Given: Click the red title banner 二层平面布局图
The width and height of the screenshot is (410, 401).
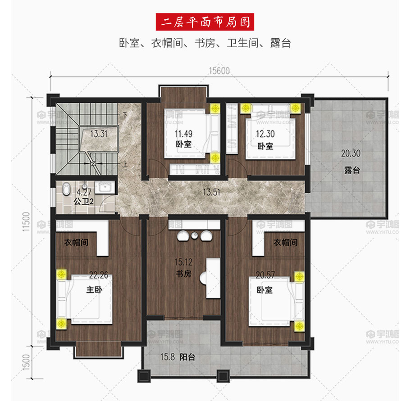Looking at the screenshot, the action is tap(205, 22).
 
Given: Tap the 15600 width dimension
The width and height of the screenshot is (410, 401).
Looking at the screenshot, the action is tap(219, 71).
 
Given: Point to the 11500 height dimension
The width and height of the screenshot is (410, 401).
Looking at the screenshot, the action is tap(26, 221).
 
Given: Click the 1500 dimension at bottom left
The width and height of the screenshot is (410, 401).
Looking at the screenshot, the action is tap(26, 362).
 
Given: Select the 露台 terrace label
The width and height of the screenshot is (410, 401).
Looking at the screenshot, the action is tap(352, 170).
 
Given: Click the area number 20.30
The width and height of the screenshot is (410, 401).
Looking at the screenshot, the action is tap(351, 153).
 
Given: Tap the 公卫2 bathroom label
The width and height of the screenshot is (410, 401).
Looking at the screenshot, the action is tap(83, 202).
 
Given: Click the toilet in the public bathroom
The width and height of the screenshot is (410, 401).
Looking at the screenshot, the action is tap(67, 189).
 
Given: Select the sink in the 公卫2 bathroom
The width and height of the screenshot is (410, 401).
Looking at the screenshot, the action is tap(105, 187).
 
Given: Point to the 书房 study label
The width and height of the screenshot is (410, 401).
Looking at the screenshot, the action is tap(183, 274).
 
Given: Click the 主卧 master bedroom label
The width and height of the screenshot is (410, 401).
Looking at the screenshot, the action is tap(94, 289).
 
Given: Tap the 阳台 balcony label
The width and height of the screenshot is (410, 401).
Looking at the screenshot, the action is tap(187, 357).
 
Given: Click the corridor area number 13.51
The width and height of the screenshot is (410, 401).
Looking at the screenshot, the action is tap(212, 192).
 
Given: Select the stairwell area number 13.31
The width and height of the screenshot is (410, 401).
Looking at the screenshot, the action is tap(99, 134).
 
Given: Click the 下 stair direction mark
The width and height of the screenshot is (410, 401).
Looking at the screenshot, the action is tap(125, 115).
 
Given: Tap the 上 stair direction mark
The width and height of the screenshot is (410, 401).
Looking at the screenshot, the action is tap(125, 164).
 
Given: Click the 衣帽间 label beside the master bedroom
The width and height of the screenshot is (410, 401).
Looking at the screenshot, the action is tap(76, 243).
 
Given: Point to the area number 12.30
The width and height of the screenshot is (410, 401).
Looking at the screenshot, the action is tap(265, 134).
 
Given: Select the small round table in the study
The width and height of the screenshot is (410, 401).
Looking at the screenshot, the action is tap(194, 235).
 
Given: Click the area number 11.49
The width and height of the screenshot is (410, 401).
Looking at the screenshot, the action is tap(183, 134).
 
